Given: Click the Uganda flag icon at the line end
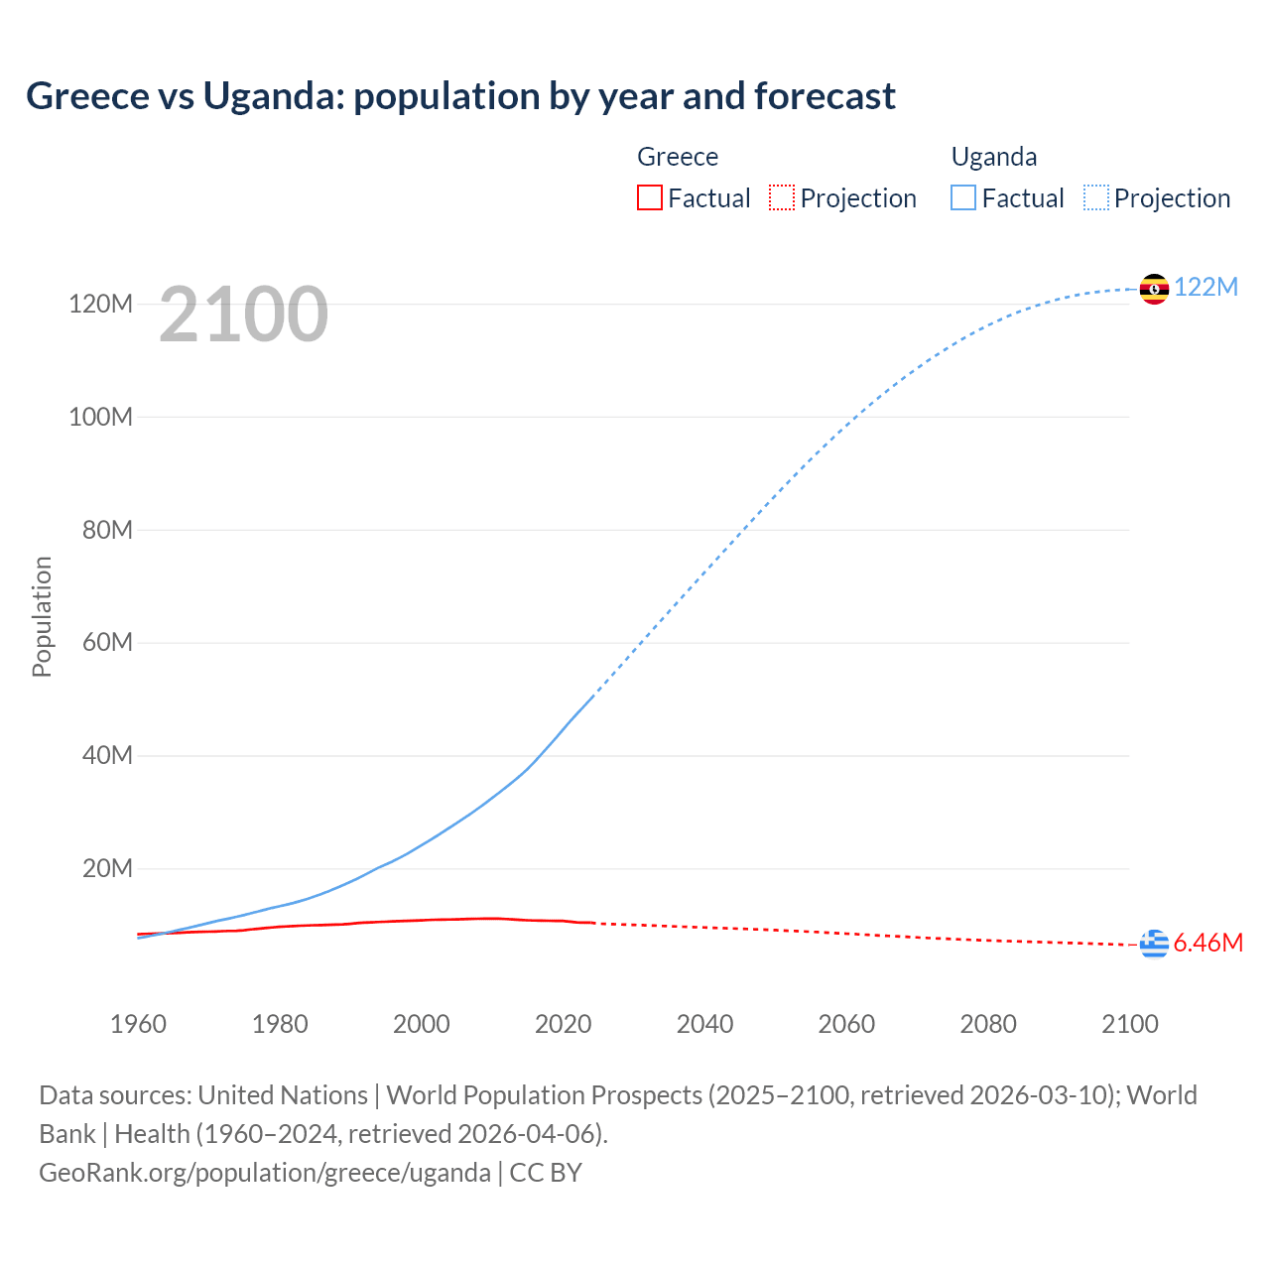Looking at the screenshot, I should tap(1154, 289).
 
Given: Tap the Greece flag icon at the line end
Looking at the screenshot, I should tap(1154, 945).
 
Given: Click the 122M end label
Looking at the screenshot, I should tap(1206, 288).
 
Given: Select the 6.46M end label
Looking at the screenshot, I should tap(1208, 943).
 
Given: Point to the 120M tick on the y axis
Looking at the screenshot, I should tap(100, 304).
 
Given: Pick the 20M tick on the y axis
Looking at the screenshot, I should tap(107, 869).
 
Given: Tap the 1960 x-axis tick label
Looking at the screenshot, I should tap(138, 1024).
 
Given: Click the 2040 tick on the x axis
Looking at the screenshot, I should tap(704, 1024).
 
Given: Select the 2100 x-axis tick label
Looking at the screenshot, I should tap(1129, 1024).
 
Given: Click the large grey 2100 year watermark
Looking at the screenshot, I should tap(243, 315).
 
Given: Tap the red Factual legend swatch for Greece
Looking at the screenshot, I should tap(649, 197).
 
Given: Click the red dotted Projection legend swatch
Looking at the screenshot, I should tap(782, 197).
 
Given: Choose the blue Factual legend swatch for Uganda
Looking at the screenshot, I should tap(963, 197).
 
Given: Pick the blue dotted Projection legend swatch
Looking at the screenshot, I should tap(1096, 197).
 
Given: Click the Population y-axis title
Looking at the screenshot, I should tap(42, 616).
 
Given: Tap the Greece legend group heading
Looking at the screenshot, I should tap(678, 157).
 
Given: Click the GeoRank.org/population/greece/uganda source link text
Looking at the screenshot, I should tap(264, 1173).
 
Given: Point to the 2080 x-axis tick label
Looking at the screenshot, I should tap(988, 1024).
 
